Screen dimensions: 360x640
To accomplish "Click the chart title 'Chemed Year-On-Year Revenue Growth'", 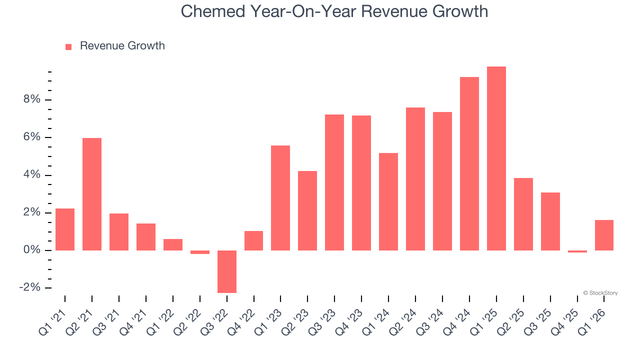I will [x=334, y=11].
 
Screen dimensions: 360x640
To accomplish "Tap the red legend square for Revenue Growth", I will [x=68, y=46].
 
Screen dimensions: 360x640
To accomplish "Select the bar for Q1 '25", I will [x=496, y=158].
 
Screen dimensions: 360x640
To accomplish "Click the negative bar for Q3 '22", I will [x=226, y=271].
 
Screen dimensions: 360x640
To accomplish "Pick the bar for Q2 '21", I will [x=92, y=194].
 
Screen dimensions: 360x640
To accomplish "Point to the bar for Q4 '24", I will [x=469, y=163].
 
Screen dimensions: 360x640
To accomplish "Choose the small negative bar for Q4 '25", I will [x=577, y=251].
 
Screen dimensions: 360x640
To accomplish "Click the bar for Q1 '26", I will [x=604, y=235].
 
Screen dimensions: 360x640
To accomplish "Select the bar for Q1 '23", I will [x=280, y=198].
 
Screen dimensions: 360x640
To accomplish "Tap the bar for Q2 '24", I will [x=415, y=179].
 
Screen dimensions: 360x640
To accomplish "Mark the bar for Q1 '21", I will [x=65, y=229].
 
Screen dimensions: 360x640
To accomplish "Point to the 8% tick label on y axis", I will [x=31, y=99].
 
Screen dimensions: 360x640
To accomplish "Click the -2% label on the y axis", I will [x=29, y=287].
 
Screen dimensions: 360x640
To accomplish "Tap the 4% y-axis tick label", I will [x=31, y=175].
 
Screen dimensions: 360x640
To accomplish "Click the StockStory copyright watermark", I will [x=600, y=293].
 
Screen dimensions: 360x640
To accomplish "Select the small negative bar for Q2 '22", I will [x=200, y=252].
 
